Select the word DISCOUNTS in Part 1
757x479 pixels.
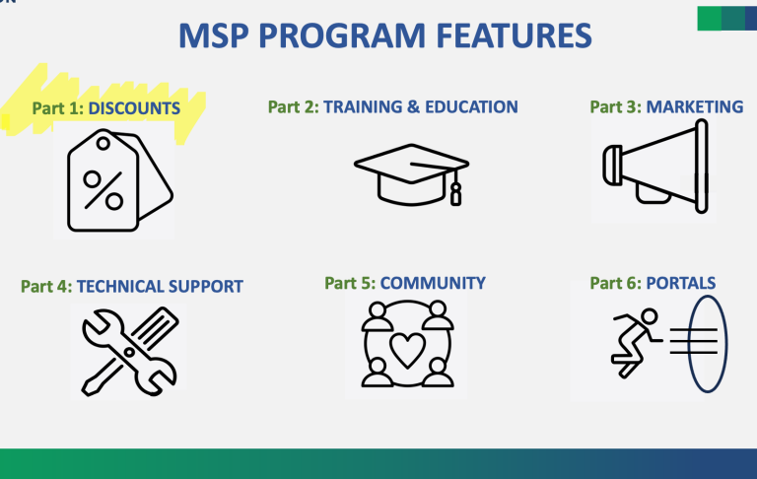[x=134, y=108]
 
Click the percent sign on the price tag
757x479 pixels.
[x=103, y=190]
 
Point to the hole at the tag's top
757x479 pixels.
[x=103, y=143]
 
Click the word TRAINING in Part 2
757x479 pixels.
[x=363, y=106]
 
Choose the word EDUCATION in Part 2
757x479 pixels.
[x=471, y=106]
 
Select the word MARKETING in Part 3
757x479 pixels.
[x=695, y=106]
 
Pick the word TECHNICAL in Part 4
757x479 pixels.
[x=118, y=287]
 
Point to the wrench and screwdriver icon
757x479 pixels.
[x=129, y=352]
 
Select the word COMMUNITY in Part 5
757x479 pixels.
[x=433, y=283]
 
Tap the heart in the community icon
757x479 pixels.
[x=407, y=350]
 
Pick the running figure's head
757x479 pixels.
[x=649, y=316]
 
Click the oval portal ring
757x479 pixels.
[x=689, y=344]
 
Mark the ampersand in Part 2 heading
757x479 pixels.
[x=414, y=106]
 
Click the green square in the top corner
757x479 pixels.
[x=710, y=19]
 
